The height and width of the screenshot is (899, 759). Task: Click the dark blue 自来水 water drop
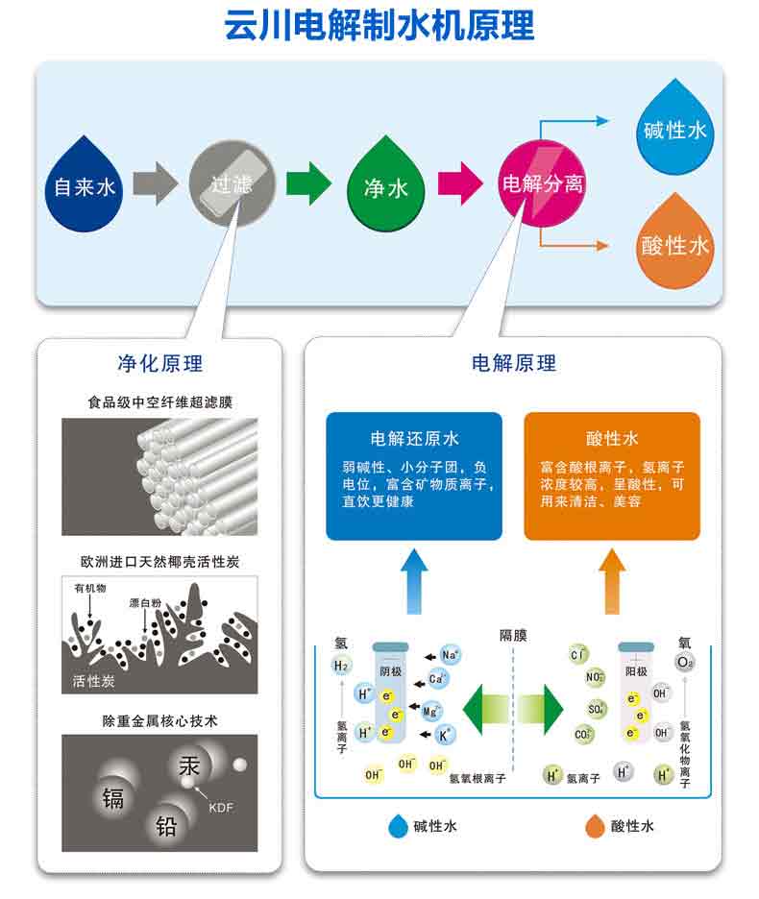(x=84, y=186)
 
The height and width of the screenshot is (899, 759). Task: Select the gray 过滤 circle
(x=232, y=183)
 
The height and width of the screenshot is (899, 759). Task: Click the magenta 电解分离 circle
(x=542, y=183)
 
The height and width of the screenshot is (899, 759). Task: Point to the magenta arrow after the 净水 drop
(x=460, y=183)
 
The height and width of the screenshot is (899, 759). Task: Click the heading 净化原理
(x=160, y=363)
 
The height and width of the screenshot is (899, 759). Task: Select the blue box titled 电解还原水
(x=414, y=475)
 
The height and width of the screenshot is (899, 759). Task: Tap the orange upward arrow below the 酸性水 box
(x=612, y=581)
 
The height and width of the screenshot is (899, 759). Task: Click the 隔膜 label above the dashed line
(x=513, y=635)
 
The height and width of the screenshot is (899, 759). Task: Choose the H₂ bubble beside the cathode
(x=341, y=666)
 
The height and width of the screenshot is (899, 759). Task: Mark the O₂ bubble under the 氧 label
(x=684, y=663)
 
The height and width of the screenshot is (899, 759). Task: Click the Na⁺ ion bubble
(x=450, y=655)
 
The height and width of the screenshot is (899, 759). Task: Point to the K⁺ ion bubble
(x=445, y=735)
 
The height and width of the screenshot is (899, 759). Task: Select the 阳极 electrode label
(x=636, y=671)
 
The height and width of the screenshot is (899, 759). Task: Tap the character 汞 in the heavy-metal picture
(x=188, y=766)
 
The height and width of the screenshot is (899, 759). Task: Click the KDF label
(x=221, y=807)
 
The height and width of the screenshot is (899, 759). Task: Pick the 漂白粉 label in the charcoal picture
(x=145, y=602)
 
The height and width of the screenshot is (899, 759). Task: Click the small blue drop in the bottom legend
(x=398, y=826)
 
